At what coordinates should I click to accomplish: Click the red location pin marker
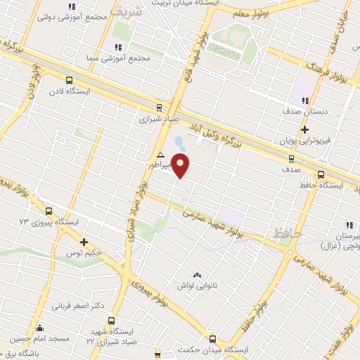(x=181, y=165)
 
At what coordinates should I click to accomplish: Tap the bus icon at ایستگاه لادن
(x=69, y=80)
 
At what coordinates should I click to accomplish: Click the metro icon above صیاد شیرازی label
(x=160, y=108)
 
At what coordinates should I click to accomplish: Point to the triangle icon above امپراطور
(x=161, y=154)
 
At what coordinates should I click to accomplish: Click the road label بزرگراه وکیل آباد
(x=245, y=138)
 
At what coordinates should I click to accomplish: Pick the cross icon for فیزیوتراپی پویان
(x=304, y=129)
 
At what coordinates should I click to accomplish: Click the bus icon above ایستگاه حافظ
(x=321, y=174)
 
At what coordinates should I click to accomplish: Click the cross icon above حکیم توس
(x=84, y=242)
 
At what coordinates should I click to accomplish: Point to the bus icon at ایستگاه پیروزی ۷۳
(x=49, y=211)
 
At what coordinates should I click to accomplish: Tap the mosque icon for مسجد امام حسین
(x=39, y=328)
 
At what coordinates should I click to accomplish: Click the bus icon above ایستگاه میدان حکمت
(x=213, y=339)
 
